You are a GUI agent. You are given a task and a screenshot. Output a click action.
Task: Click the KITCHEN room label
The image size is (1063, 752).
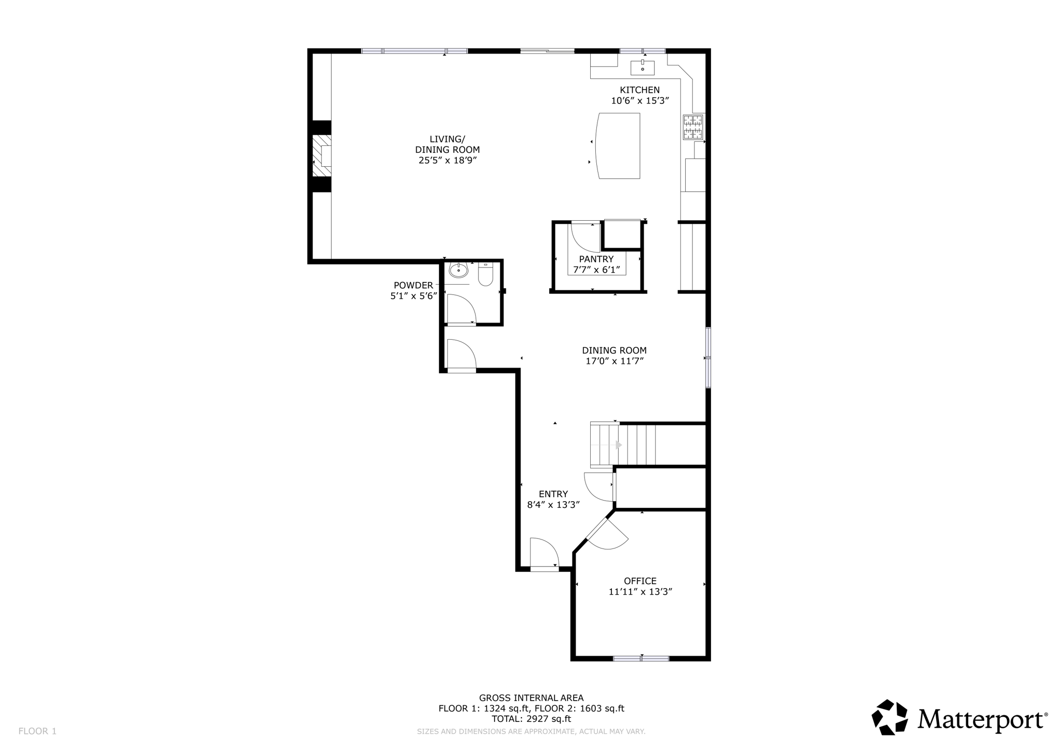pos(639,90)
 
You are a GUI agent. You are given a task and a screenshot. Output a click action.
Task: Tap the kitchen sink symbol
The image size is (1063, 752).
pos(643,68)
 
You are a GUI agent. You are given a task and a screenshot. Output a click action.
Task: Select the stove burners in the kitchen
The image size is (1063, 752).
pos(693,127)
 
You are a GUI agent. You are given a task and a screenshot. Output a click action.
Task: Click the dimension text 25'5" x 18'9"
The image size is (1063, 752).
pos(447,160)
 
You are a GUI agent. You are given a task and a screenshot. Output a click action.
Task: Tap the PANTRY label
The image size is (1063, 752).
pos(596,259)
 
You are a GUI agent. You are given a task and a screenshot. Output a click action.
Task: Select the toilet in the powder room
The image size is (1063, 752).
pos(485,276)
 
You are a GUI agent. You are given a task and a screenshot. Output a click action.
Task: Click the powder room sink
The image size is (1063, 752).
pos(458,271)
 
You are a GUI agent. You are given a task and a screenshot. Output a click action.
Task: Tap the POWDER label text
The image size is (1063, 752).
pos(413,285)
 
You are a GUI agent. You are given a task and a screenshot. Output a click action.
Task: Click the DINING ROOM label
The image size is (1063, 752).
pos(614,351)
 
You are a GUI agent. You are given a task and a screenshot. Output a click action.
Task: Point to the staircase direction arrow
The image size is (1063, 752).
pos(618,445)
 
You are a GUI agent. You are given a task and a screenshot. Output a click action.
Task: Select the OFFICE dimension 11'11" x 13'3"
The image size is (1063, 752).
pos(640,592)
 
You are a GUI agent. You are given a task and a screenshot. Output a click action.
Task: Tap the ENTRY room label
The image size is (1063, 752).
pos(553,494)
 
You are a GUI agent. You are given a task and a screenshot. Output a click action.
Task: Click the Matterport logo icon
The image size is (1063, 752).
pos(890,717)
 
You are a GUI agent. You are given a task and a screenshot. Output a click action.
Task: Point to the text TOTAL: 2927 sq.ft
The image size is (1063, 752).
pos(531,719)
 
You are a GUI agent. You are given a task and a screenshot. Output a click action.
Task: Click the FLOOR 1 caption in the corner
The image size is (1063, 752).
pos(37,731)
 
